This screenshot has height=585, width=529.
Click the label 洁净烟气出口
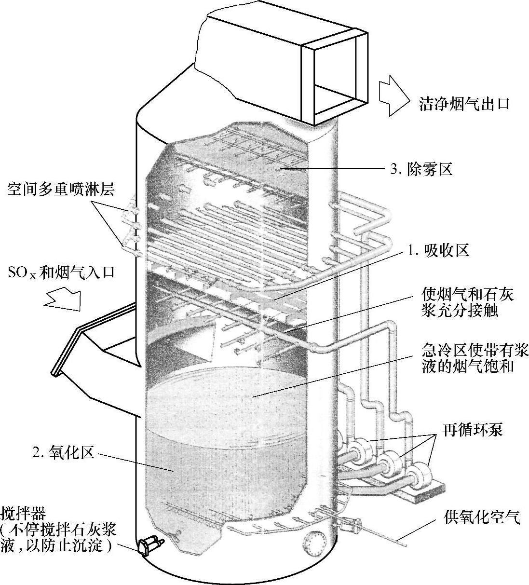464,104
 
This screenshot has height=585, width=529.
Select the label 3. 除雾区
420,169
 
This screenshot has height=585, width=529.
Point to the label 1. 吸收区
437,251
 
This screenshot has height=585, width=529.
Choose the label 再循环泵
473,429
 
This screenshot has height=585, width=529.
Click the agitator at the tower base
150,546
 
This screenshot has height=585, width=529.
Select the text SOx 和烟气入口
61,272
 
